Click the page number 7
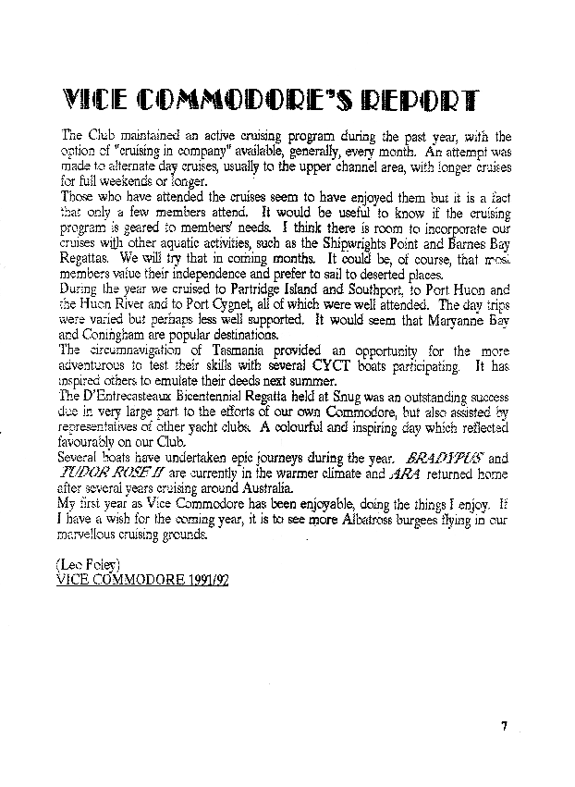(505, 727)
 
